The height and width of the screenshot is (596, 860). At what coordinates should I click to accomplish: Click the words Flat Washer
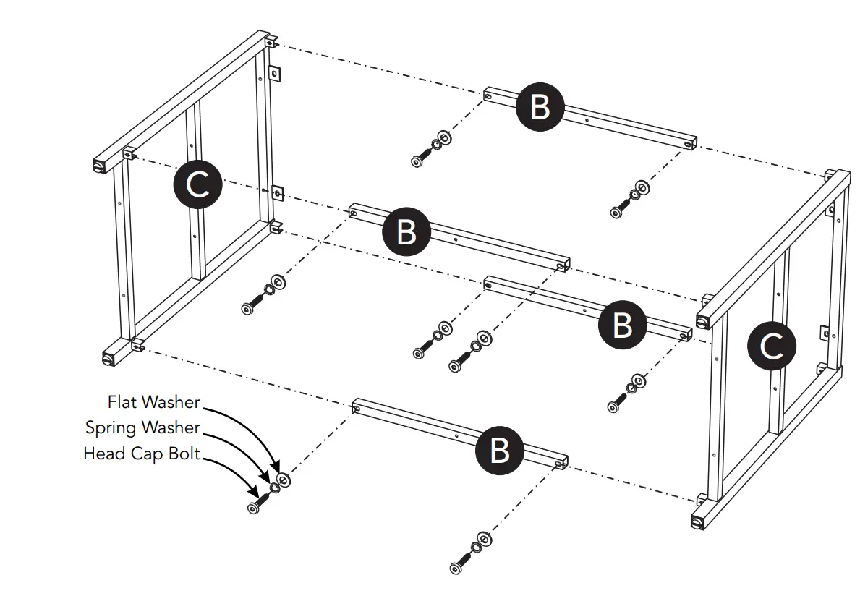153,401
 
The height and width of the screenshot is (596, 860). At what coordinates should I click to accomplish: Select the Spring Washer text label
142,427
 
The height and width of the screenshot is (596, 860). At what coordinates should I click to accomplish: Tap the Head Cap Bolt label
141,454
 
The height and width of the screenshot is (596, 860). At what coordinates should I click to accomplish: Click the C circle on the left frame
197,185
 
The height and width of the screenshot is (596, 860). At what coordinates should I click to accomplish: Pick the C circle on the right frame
772,347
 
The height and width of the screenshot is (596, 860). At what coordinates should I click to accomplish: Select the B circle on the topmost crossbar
540,107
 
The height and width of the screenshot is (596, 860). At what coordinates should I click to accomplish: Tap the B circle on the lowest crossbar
499,450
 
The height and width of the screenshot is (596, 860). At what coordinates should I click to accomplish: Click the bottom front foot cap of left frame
110,357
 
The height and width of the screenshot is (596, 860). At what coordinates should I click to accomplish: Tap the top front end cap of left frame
99,166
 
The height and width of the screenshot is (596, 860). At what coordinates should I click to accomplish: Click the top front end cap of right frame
703,320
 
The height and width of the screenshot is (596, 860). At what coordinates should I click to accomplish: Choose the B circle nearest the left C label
406,232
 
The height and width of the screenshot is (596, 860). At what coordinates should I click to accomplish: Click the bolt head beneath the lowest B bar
456,567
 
